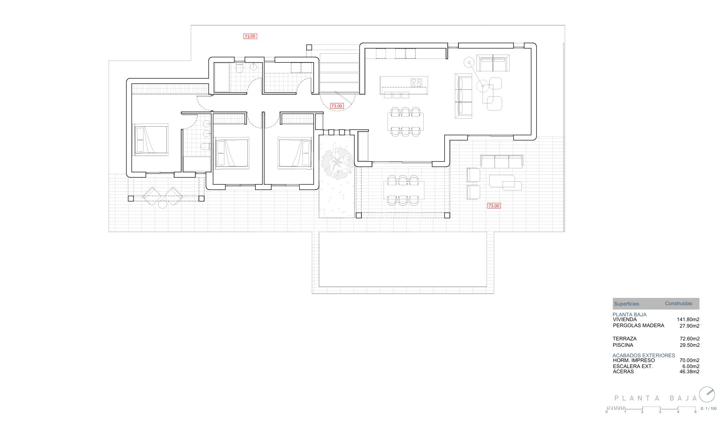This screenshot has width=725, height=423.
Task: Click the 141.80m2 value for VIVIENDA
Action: [x=688, y=320]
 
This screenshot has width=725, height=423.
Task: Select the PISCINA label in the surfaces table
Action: [x=623, y=345]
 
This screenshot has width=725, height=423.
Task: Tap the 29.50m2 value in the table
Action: [x=690, y=345]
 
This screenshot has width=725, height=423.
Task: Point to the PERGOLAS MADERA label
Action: [x=638, y=326]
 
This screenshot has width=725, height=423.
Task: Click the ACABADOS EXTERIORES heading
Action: [x=644, y=356]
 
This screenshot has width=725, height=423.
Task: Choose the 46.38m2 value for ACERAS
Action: [x=690, y=372]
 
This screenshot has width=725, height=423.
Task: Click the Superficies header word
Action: [x=626, y=304]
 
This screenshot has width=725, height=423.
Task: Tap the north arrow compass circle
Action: [x=707, y=394]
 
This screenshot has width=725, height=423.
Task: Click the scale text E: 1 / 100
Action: [x=709, y=409]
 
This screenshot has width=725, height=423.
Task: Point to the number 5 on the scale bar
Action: [x=695, y=412]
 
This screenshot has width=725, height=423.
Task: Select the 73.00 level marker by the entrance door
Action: [x=337, y=106]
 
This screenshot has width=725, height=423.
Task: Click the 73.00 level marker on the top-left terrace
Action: [x=250, y=36]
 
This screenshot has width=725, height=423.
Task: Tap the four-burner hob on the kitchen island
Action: [x=416, y=83]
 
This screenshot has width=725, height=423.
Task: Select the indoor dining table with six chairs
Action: [x=406, y=122]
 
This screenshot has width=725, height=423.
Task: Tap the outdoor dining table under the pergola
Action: [x=404, y=190]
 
